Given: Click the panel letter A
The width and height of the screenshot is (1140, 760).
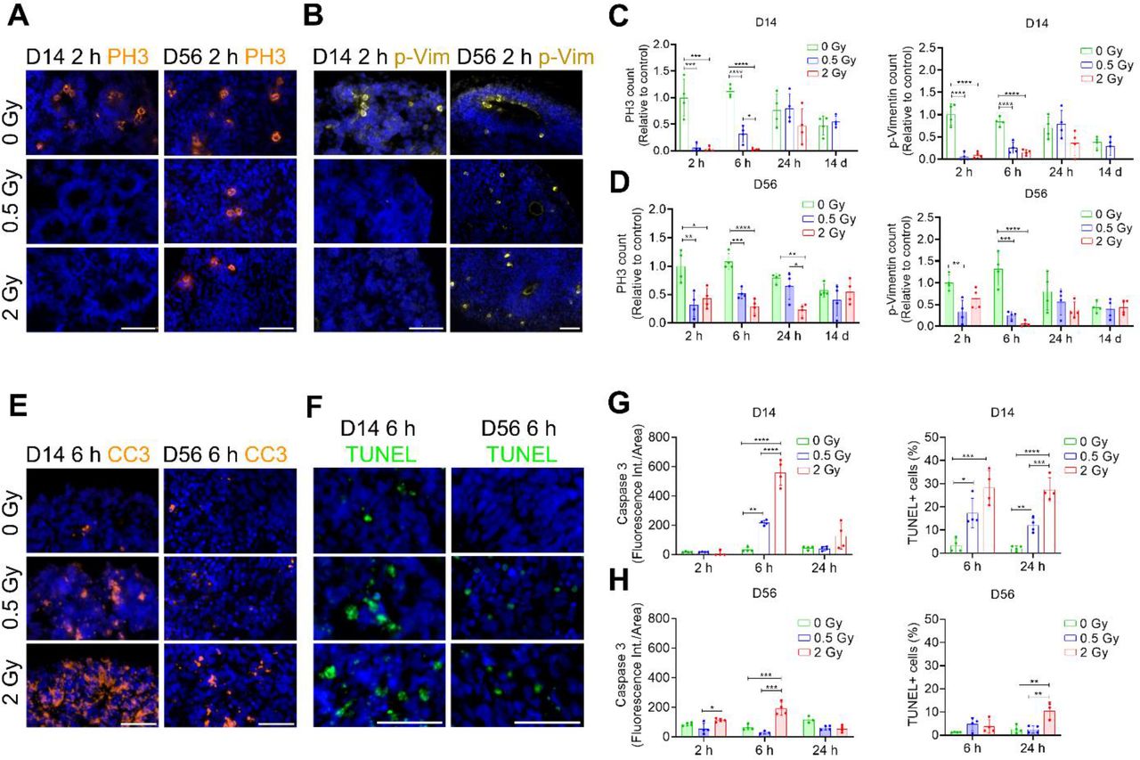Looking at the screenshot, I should (17, 15).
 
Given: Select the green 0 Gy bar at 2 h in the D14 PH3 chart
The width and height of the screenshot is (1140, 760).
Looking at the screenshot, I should (683, 124).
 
